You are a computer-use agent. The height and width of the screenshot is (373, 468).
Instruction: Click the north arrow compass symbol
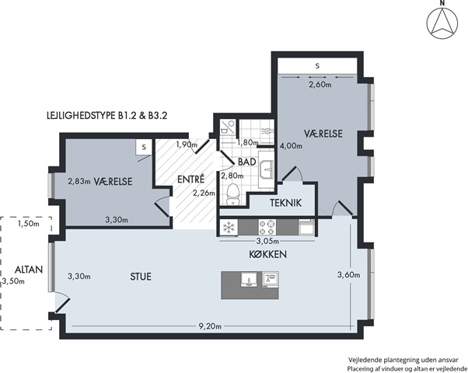pos(442,23)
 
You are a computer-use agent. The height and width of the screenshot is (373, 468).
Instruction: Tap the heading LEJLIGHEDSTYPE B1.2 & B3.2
pos(107,116)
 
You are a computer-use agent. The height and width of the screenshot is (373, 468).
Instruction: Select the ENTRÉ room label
pos(191,180)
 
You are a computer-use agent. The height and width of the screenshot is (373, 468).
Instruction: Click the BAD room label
pos(247,162)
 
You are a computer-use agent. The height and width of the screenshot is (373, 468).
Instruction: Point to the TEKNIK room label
pos(285,203)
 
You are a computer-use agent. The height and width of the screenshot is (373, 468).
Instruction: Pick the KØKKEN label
pos(267,255)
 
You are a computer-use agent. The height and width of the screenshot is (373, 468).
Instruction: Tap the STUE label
pos(141,277)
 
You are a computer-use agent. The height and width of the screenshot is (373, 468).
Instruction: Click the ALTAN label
pos(29,270)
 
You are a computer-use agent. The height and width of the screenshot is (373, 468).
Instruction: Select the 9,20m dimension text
pos(210,326)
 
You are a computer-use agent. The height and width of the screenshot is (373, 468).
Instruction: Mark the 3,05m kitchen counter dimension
pos(267,241)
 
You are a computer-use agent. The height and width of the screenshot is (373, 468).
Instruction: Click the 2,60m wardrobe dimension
pos(320,85)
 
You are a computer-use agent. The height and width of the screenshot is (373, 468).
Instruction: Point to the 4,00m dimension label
pos(291,146)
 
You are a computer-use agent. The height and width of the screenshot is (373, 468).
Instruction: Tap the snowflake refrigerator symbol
pos(229,227)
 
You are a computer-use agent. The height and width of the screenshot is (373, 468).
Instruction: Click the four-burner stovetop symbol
pos(267,227)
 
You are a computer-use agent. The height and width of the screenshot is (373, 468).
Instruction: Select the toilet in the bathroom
pos(232,194)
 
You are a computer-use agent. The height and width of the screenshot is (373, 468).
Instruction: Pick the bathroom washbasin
pos(266,169)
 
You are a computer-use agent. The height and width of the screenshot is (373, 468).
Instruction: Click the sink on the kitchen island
pos(249,280)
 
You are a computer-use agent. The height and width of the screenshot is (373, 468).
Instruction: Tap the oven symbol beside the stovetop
pos(306,227)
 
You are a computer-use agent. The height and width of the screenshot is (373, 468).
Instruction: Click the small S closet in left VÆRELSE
pos(145,147)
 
